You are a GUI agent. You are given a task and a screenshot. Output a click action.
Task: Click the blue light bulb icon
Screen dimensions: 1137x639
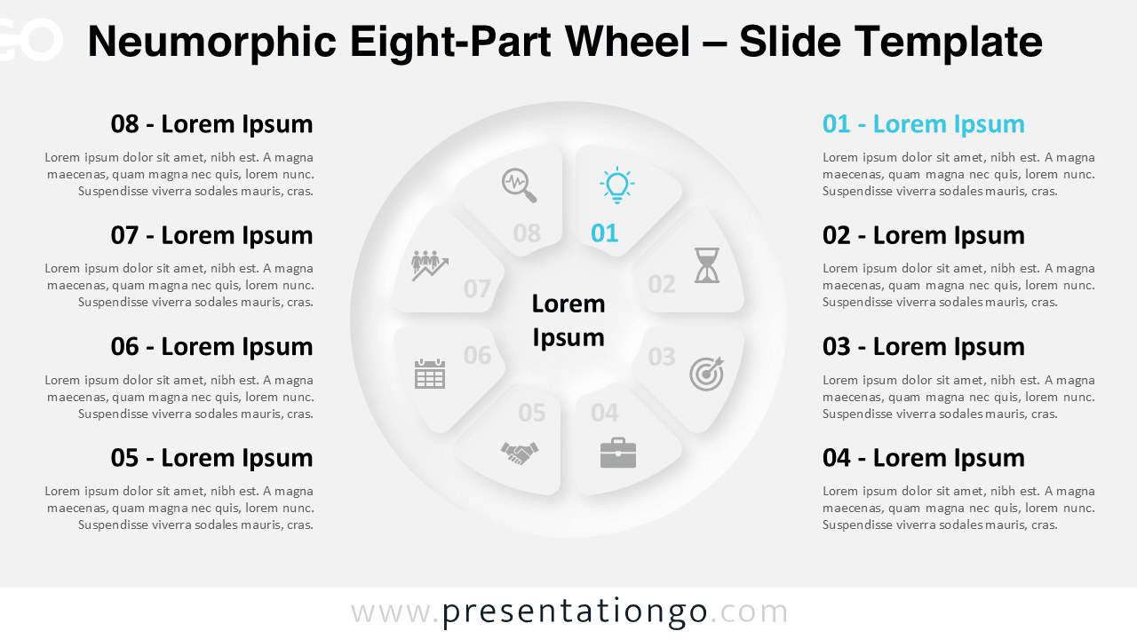pos(616,185)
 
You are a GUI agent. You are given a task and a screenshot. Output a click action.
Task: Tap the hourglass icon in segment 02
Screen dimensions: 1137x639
pos(707,265)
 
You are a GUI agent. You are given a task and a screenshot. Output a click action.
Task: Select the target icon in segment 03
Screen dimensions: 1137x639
pos(706,374)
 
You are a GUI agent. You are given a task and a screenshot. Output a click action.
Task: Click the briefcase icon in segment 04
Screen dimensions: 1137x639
pos(617,453)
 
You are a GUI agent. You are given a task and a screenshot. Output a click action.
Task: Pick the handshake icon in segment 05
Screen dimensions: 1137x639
pos(520,453)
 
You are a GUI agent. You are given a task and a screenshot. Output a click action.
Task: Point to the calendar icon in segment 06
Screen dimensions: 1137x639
pos(430,374)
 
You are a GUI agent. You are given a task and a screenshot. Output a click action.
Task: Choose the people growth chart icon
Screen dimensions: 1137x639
pos(430,265)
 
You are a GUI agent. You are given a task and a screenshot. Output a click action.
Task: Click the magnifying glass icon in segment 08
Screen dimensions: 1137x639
pos(520,185)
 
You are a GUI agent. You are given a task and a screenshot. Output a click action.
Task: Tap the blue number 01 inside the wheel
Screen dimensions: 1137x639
pos(605,233)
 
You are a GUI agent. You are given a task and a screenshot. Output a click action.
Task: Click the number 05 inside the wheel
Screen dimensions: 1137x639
pos(532,413)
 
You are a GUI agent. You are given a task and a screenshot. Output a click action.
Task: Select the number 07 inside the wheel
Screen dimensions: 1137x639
pos(477,289)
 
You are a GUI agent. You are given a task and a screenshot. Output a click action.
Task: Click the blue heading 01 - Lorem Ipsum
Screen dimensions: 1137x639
pos(923,124)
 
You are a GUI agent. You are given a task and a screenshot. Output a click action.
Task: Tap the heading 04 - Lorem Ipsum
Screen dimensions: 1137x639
pos(923,458)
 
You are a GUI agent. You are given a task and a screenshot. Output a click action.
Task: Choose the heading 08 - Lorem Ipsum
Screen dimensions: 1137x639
pos(211,124)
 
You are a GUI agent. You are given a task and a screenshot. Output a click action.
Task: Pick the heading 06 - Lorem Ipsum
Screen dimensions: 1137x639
pos(211,347)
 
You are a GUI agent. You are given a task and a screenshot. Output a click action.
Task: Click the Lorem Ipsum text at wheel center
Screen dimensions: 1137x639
pos(568,320)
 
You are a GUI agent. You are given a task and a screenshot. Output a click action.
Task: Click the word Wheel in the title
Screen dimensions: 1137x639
pos(628,42)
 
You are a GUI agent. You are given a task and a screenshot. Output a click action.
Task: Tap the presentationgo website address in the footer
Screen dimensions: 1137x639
pos(569,611)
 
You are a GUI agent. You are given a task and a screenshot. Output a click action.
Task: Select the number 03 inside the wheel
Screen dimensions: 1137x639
pos(662,357)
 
